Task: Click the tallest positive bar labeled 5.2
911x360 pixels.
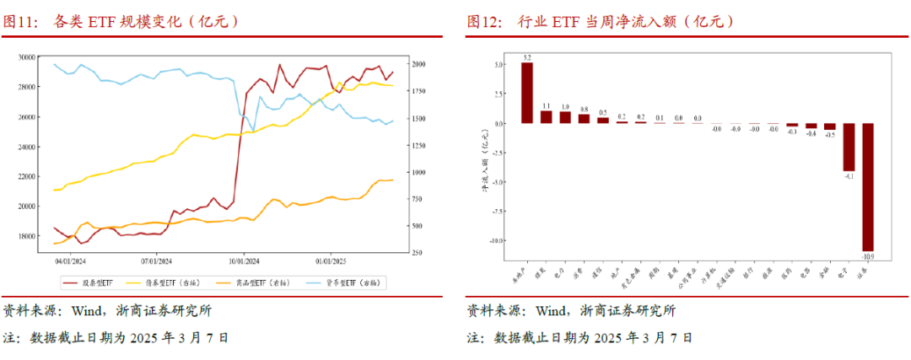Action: click(x=526, y=93)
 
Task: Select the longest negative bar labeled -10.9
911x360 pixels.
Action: click(x=867, y=185)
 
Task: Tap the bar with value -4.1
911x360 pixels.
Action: click(x=848, y=147)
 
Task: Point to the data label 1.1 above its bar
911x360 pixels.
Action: click(x=546, y=105)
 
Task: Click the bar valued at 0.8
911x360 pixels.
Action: click(x=584, y=118)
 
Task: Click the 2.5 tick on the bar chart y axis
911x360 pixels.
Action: click(x=499, y=94)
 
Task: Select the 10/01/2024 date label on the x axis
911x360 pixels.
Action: click(x=243, y=261)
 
